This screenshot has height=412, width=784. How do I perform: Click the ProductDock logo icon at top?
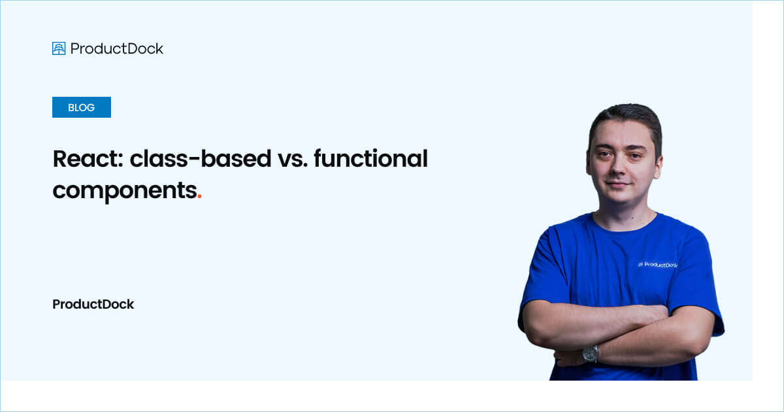59,48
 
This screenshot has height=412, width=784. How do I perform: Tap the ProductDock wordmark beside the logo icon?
116,48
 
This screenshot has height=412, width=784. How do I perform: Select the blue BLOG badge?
82,107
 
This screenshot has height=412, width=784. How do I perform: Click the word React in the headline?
88,159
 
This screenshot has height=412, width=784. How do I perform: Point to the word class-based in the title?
201,159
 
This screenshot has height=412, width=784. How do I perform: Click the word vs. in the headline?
293,160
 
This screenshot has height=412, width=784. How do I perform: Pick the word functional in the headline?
370,158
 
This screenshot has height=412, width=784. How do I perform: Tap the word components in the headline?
125,191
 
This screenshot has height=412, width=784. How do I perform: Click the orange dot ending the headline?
199,197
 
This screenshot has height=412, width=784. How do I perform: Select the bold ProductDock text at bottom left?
93,304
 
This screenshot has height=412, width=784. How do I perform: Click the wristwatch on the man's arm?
591,354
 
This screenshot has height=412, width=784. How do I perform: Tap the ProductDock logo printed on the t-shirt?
658,265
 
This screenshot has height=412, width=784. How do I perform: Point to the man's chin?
620,198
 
